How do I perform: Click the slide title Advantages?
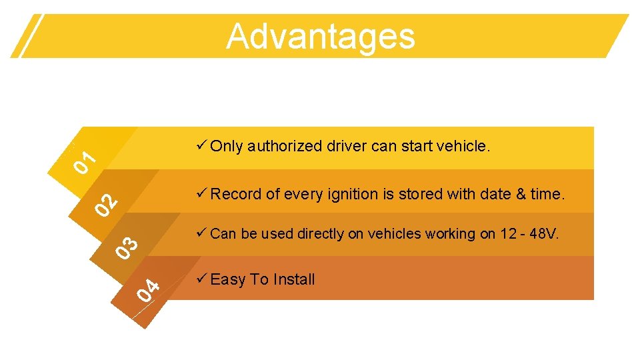point(320,36)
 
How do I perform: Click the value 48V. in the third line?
point(545,233)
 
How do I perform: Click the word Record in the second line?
point(236,194)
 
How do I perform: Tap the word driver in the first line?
point(347,146)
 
